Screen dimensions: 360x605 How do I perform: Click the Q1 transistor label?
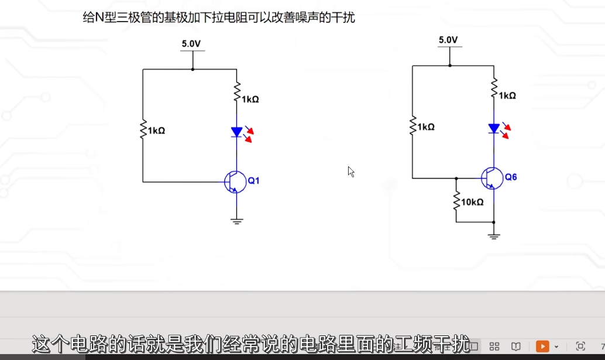253,181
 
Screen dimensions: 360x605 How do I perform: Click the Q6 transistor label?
511,177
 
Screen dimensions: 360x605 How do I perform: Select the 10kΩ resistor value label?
472,202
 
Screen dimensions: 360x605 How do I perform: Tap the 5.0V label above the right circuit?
448,40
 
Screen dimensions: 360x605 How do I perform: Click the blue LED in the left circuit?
236,132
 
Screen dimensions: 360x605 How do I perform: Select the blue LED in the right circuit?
494,128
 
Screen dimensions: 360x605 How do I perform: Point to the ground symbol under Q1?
236,221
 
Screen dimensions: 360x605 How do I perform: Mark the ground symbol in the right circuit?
494,236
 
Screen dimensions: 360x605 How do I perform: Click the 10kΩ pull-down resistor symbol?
456,201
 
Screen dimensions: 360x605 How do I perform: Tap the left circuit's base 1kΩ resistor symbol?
143,130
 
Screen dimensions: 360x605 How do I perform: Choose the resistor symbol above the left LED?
236,92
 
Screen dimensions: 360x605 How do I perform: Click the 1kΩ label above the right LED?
507,95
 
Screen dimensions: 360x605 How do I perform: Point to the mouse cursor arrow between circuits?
350,171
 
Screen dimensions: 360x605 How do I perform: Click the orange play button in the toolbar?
542,346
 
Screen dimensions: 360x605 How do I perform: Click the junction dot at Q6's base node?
456,178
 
